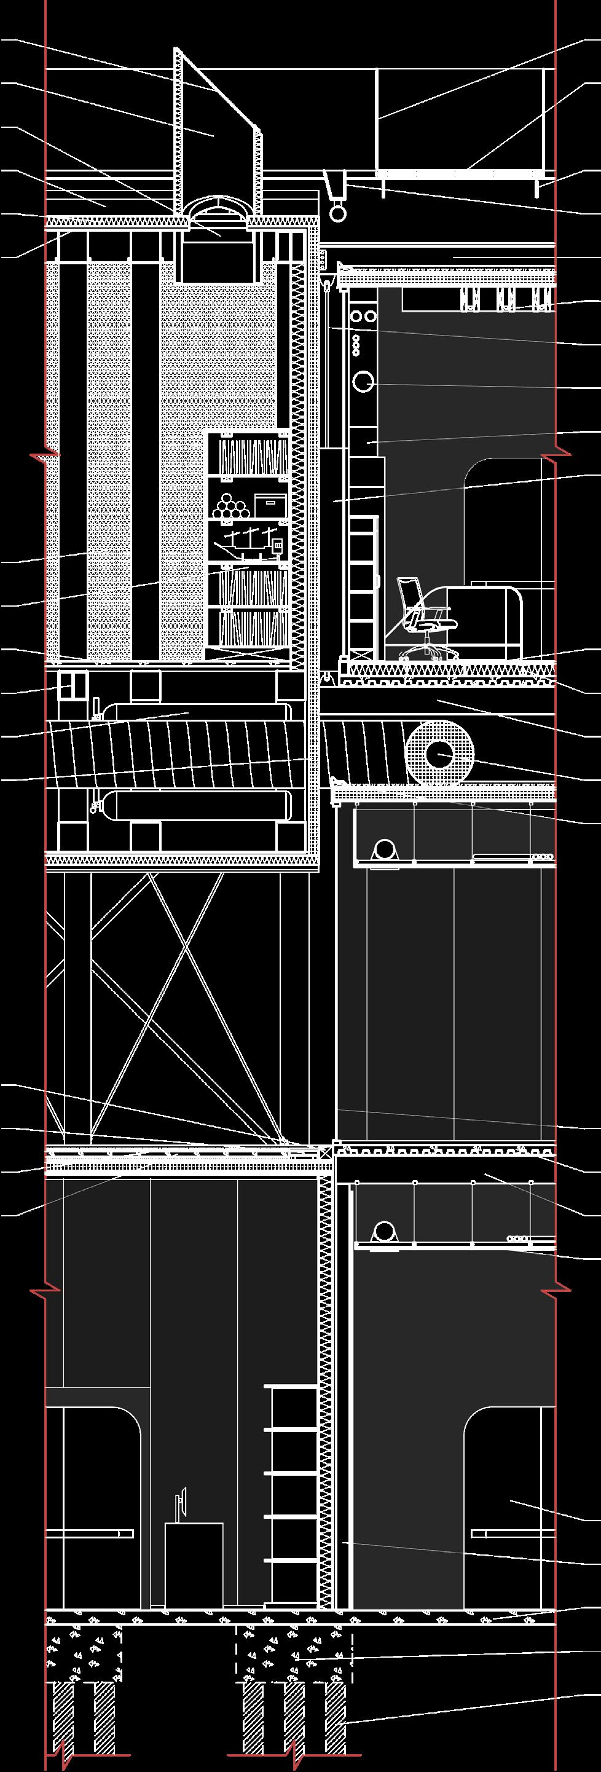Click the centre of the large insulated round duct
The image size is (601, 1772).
coord(439,755)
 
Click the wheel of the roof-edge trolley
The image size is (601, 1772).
coord(339,214)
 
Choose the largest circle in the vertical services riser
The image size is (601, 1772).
coord(363,381)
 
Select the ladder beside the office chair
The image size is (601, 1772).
coord(360,585)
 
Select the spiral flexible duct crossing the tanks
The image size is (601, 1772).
coord(186,753)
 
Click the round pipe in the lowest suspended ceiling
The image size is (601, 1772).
coord(383,1231)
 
